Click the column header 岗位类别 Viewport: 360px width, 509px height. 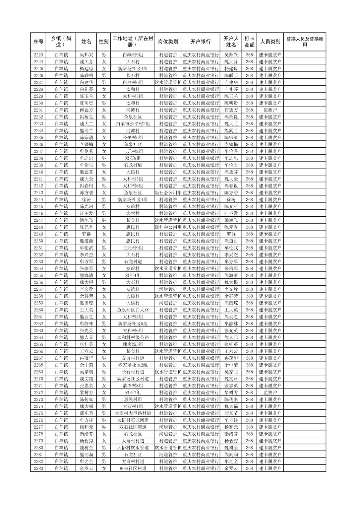(x=168, y=42)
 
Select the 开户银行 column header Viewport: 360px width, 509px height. (x=200, y=42)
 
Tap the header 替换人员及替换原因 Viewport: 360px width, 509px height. (x=304, y=42)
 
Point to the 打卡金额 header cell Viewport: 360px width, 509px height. (x=249, y=42)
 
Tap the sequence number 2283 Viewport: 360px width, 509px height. (x=38, y=468)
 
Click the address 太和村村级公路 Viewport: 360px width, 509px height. (x=133, y=338)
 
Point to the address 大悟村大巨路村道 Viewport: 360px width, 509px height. (x=133, y=413)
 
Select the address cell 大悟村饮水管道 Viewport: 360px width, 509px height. (x=133, y=448)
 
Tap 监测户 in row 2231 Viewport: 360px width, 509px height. (x=270, y=110)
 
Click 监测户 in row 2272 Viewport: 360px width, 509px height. (x=270, y=392)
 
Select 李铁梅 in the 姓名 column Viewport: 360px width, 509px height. (x=86, y=144)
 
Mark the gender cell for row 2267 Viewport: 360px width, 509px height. (x=104, y=358)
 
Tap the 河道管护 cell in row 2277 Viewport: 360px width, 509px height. (x=168, y=427)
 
